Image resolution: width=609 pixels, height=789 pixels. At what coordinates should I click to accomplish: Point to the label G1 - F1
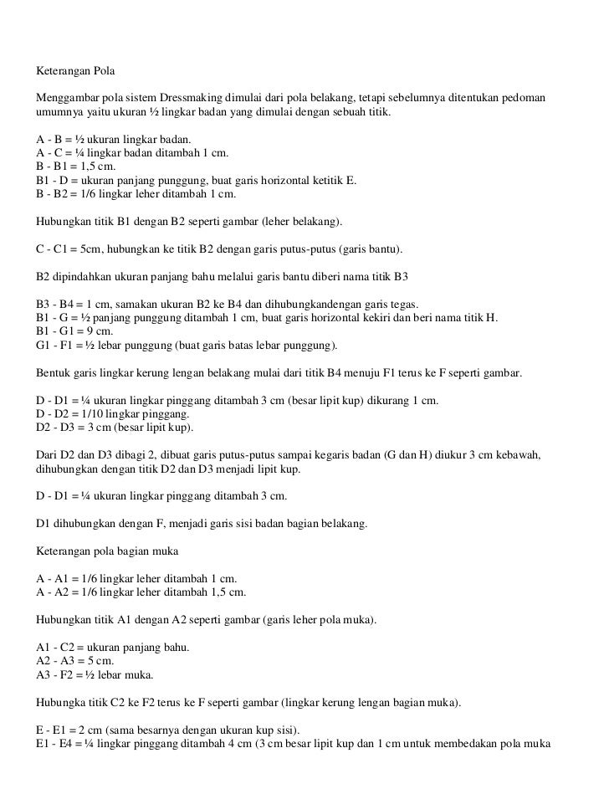[x=54, y=345]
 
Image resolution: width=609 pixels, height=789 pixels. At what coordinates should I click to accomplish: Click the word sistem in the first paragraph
[x=140, y=97]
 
